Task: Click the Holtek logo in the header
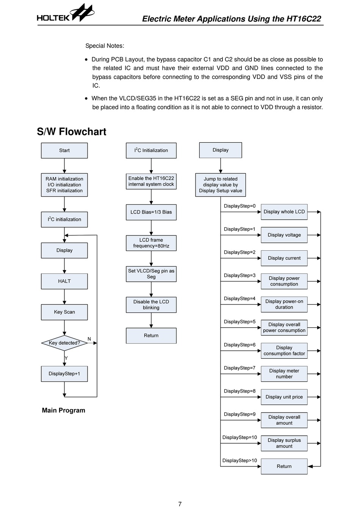tap(66, 13)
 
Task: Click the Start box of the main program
tap(64, 151)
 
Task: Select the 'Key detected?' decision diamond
tap(64, 343)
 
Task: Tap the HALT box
tap(64, 281)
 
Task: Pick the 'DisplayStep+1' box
tap(64, 374)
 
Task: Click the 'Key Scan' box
tap(64, 312)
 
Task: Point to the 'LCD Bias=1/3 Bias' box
tap(151, 212)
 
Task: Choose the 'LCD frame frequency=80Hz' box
tap(151, 243)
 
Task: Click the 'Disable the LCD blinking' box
tap(151, 305)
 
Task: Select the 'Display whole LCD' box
tap(284, 212)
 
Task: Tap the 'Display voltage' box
tap(284, 235)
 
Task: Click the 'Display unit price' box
tap(284, 397)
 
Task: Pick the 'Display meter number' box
tap(284, 374)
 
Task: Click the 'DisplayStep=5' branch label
tap(239, 322)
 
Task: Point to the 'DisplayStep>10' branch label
tap(239, 460)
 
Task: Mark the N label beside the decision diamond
tap(89, 339)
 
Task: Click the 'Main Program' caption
tap(64, 410)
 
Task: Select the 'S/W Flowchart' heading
tap(72, 132)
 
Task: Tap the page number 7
tap(180, 504)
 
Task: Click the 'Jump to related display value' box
tap(221, 185)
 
